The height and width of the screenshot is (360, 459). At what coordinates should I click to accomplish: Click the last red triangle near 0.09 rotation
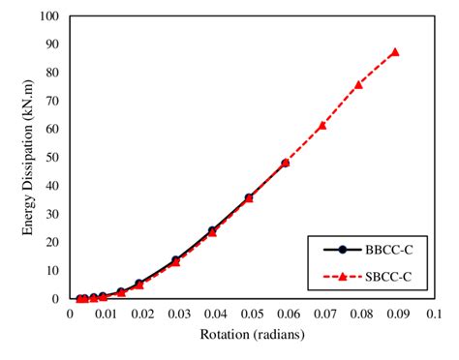tap(395, 52)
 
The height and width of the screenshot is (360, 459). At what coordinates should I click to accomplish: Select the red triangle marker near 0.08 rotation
tap(358, 85)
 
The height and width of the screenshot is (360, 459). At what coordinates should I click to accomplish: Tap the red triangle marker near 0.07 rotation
tap(321, 126)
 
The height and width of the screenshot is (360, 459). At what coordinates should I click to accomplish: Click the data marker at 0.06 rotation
tap(285, 163)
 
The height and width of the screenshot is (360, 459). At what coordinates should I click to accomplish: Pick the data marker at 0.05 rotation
tap(249, 198)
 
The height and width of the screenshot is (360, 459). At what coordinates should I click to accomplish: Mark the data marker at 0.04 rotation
tap(212, 231)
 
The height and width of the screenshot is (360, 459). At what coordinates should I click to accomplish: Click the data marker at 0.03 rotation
tap(175, 260)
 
